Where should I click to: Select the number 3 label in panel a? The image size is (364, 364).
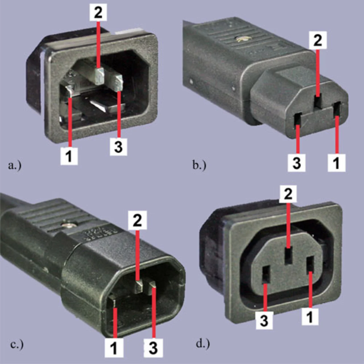[118, 147]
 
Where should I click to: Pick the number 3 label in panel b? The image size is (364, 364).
[296, 163]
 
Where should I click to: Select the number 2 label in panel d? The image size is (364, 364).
[288, 195]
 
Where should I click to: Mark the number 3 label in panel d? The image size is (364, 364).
[264, 320]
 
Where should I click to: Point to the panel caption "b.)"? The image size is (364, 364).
[199, 165]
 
